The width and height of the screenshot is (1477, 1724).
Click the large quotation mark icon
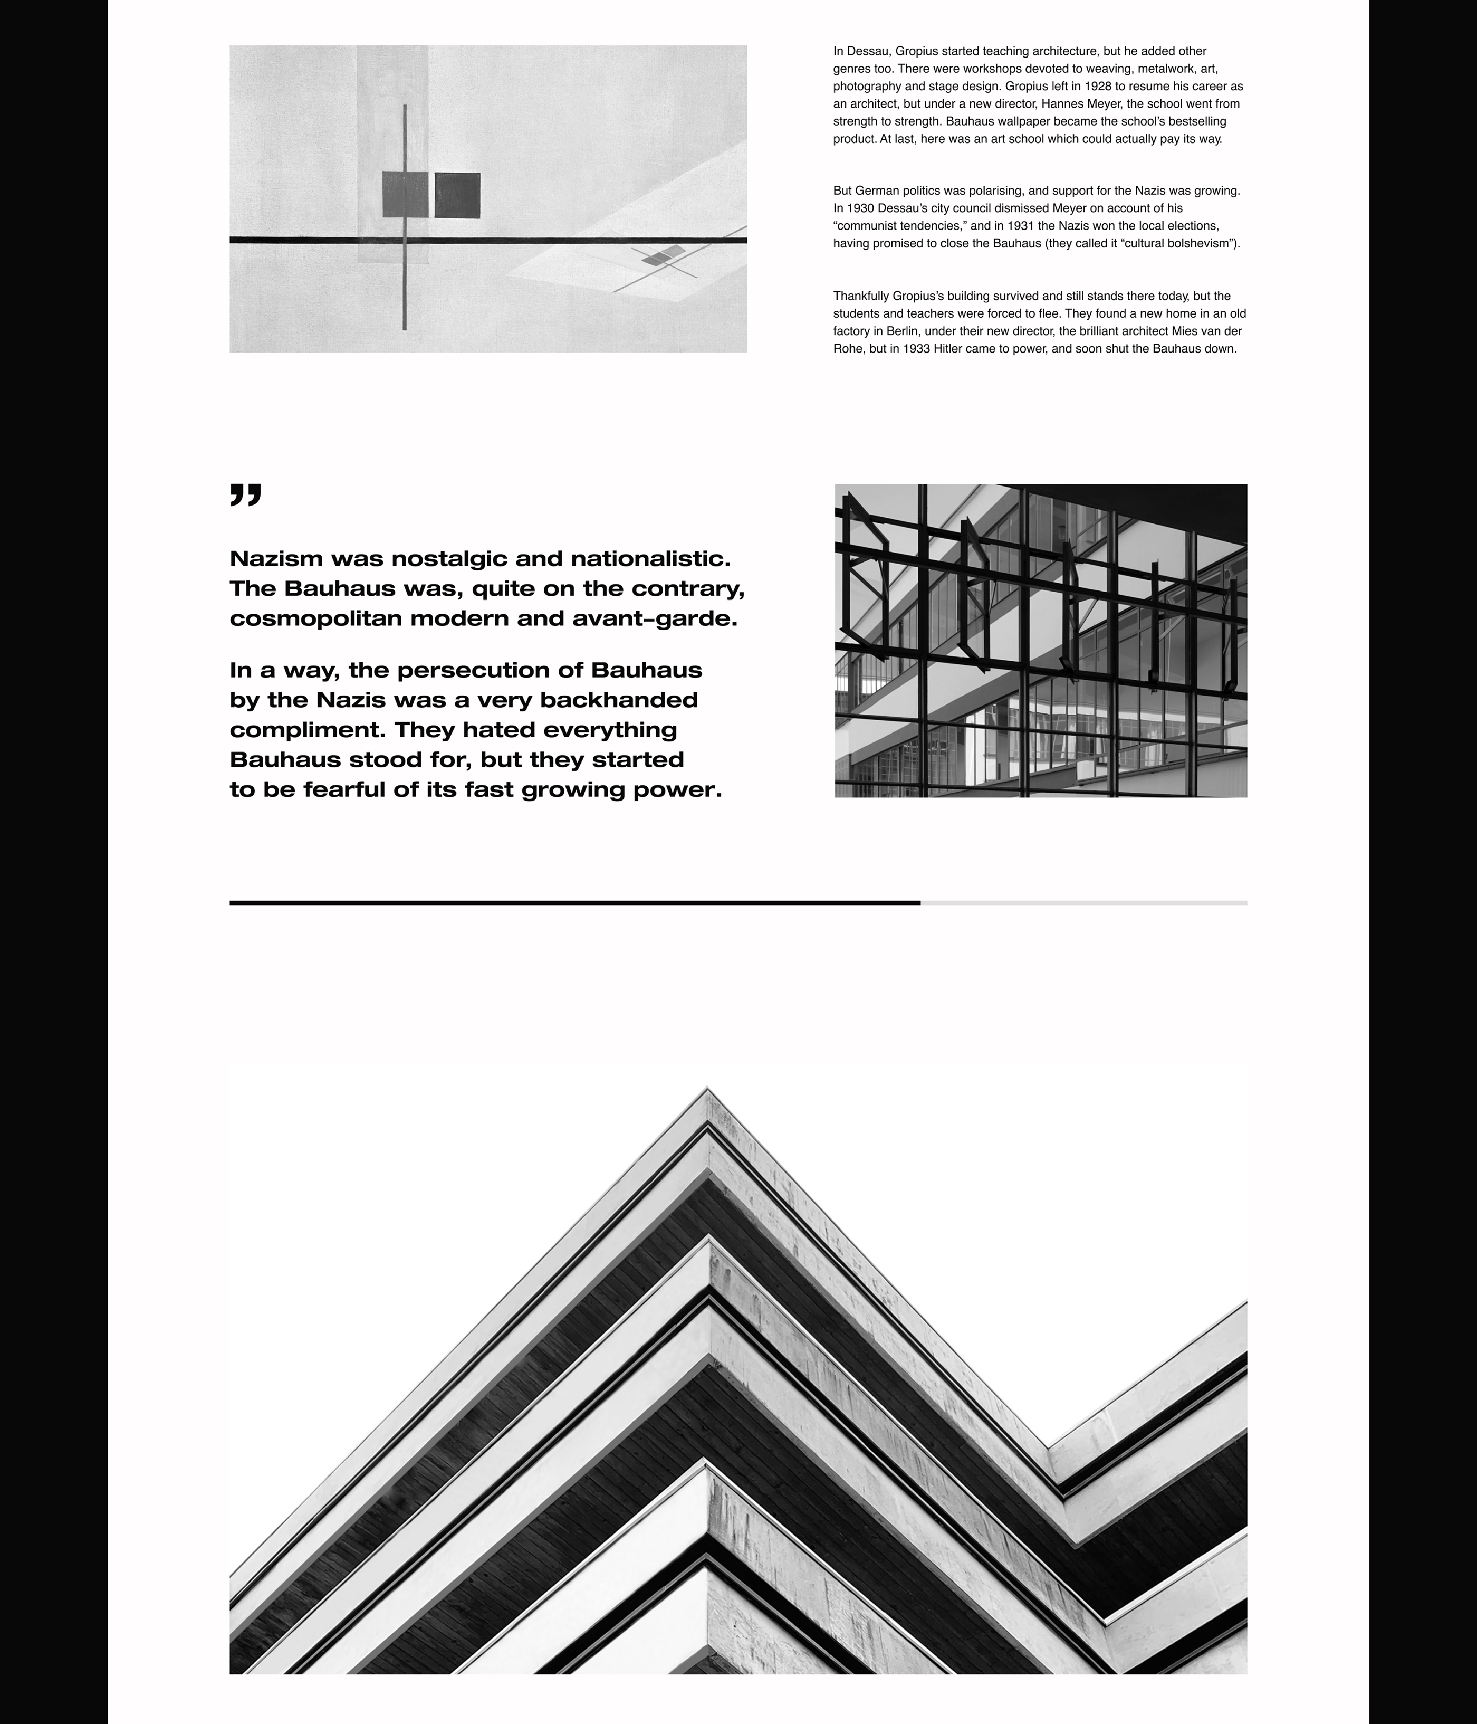tap(245, 494)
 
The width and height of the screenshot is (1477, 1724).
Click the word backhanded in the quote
tap(619, 700)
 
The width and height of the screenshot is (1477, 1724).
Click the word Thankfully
tap(861, 296)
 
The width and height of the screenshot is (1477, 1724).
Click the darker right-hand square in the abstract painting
tap(457, 196)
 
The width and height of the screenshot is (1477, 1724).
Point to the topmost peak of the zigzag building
tap(707, 1090)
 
